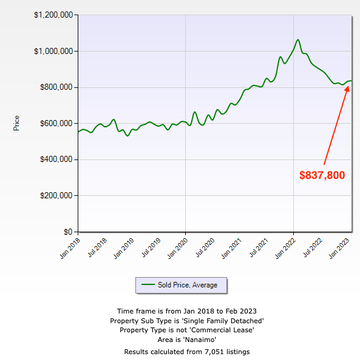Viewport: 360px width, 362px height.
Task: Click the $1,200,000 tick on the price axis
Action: click(x=53, y=15)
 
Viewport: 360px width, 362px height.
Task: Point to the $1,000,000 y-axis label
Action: click(x=53, y=51)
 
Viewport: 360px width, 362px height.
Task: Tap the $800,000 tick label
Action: click(x=56, y=87)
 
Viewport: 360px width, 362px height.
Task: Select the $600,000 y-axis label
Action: click(x=56, y=123)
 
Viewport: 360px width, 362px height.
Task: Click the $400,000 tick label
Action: click(x=56, y=159)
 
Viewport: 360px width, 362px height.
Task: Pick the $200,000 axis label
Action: click(x=56, y=196)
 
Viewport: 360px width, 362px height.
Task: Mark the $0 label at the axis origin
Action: click(x=69, y=232)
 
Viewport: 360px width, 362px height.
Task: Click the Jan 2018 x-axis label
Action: click(x=70, y=249)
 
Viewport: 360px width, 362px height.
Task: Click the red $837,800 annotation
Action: click(x=322, y=175)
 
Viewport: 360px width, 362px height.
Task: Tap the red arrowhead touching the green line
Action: click(x=348, y=89)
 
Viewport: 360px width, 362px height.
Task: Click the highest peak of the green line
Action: click(x=298, y=40)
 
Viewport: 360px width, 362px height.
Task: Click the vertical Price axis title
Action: click(x=16, y=123)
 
